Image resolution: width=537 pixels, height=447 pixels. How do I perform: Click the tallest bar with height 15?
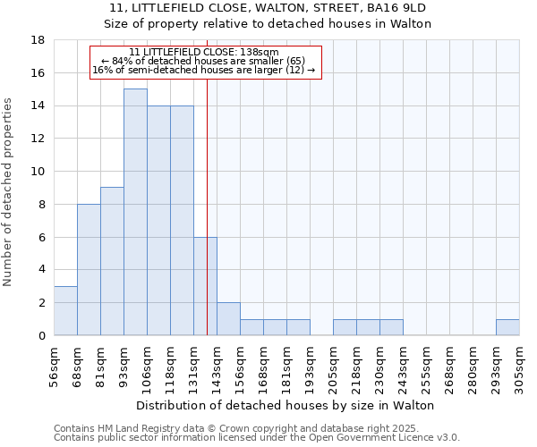click(135, 212)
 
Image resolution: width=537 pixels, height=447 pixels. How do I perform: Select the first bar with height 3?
click(65, 310)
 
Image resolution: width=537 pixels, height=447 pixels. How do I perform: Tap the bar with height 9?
click(112, 261)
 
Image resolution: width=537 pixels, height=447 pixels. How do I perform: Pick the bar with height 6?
click(205, 286)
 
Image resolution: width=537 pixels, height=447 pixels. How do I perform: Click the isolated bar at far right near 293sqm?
click(507, 327)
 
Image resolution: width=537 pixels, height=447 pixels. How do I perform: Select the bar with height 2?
click(228, 319)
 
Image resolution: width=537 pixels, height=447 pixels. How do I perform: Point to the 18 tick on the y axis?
click(38, 40)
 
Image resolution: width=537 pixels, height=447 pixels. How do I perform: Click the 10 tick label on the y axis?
click(38, 172)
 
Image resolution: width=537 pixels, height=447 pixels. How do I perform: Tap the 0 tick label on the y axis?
click(41, 336)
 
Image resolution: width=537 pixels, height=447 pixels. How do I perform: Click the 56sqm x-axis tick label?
click(54, 367)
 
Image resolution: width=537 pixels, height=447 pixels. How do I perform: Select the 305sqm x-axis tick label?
click(519, 367)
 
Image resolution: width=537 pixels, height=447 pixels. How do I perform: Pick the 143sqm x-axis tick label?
click(217, 367)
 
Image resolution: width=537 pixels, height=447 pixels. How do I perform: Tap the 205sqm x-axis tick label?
click(333, 367)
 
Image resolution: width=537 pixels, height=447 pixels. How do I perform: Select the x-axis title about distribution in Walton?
click(286, 405)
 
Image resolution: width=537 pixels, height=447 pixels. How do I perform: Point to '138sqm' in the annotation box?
click(260, 52)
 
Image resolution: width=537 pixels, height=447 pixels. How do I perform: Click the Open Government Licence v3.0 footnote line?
click(257, 438)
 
